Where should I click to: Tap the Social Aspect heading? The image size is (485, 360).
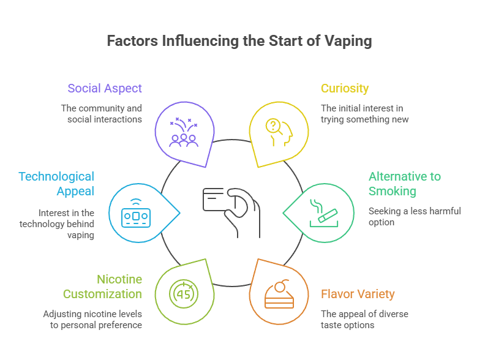pos(104,88)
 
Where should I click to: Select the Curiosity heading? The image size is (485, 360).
pos(345,88)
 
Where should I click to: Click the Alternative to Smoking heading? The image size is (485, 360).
pos(404,184)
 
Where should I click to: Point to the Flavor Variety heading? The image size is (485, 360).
pos(358,294)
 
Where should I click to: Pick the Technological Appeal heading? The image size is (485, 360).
pos(56,184)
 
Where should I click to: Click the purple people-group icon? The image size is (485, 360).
pos(183,132)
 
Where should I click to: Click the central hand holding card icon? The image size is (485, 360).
pos(231,212)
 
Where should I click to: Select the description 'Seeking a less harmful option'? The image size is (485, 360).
pos(415,217)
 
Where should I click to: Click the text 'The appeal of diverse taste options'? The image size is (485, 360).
pos(364,320)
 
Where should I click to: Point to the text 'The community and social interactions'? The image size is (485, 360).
pos(101,113)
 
